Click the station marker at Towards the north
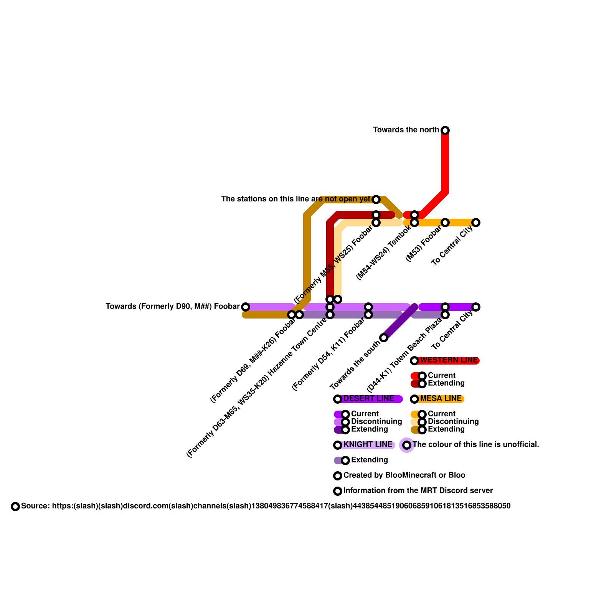pyautogui.click(x=445, y=130)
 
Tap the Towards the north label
pyautogui.click(x=406, y=130)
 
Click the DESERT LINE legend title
pyautogui.click(x=368, y=399)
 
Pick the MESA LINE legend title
pyautogui.click(x=441, y=399)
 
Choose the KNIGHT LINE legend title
pyautogui.click(x=368, y=445)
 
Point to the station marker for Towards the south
pyautogui.click(x=384, y=338)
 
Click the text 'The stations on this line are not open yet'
pyautogui.click(x=295, y=199)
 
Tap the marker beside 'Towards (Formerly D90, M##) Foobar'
pyautogui.click(x=246, y=307)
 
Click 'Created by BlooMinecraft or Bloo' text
pyautogui.click(x=404, y=475)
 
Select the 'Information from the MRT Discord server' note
pyautogui.click(x=418, y=491)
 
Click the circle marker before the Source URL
pyautogui.click(x=15, y=507)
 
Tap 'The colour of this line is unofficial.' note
pyautogui.click(x=476, y=445)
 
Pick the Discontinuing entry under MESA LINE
pyautogui.click(x=453, y=422)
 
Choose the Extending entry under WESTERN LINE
pyautogui.click(x=446, y=383)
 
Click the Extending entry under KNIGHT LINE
pyautogui.click(x=369, y=460)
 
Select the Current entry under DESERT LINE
pyautogui.click(x=365, y=414)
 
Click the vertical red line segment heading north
pyautogui.click(x=445, y=161)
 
